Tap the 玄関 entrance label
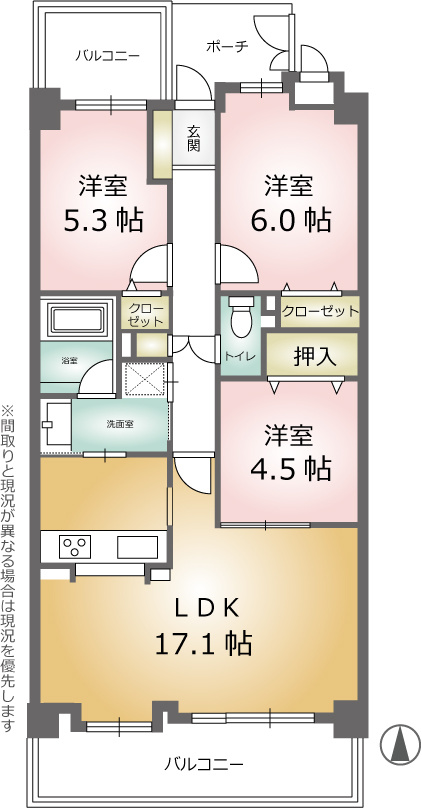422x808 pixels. coord(193,138)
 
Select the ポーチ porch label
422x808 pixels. coord(227,46)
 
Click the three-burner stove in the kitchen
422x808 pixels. coord(75,546)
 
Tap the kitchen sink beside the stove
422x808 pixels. coord(137,547)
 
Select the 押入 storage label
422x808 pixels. coord(315,357)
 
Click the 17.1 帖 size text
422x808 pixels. coord(204,644)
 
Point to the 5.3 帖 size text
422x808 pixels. coord(103,222)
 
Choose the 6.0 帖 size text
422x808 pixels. coord(290,222)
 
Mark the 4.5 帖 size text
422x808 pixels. coord(290,468)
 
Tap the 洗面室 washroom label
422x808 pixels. coord(121,425)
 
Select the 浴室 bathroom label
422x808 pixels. coord(69,361)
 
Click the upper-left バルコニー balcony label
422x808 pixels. coord(108,55)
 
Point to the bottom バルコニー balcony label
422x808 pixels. coord(204,764)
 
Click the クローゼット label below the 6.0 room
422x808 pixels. coord(320,311)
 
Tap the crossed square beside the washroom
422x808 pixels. coord(145,379)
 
